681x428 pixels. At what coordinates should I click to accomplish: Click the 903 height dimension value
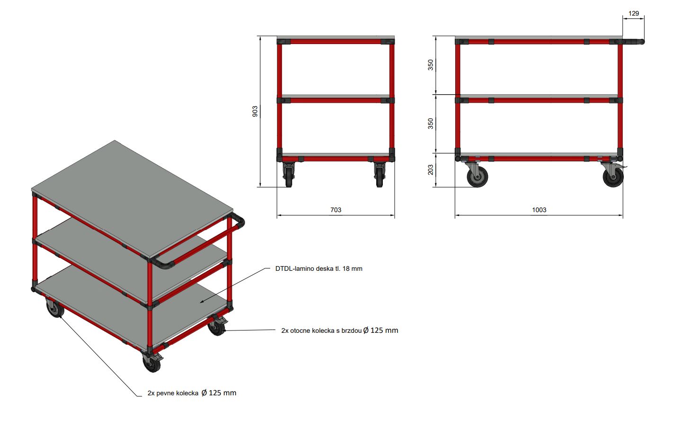coord(255,111)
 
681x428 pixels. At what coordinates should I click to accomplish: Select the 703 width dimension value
coord(336,210)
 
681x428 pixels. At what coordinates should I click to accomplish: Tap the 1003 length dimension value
coord(539,210)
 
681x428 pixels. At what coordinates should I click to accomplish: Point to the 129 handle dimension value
coord(634,13)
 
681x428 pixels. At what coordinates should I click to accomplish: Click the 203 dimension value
coord(431,170)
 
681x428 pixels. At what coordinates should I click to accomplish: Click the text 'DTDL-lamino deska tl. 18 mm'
coord(318,268)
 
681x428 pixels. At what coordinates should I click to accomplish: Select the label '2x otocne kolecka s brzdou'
coord(321,330)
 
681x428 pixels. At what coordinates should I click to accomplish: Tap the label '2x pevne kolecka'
coord(173,393)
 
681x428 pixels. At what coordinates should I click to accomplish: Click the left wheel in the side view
coord(478,177)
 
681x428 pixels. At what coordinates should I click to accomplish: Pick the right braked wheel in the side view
coord(613,177)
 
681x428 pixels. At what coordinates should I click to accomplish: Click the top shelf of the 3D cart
coord(132,198)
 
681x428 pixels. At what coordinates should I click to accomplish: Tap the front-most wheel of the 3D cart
coord(152,364)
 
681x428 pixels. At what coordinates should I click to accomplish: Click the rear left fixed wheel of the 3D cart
coord(55,308)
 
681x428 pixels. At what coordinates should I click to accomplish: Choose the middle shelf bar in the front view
coord(336,100)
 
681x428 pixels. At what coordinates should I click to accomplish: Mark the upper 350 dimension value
coord(431,65)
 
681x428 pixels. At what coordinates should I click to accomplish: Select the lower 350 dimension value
coord(431,124)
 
